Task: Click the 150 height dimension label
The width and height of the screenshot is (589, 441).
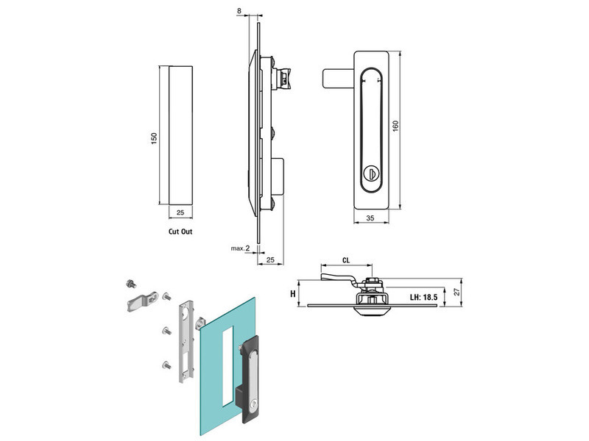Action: click(x=154, y=138)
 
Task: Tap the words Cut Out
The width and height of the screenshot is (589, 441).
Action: click(x=180, y=232)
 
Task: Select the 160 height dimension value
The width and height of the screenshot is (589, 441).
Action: click(x=395, y=126)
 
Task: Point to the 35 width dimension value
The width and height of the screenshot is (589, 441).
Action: click(x=370, y=218)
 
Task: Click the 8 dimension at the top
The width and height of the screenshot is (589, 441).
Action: click(x=239, y=11)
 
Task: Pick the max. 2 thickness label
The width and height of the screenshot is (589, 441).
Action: click(x=241, y=248)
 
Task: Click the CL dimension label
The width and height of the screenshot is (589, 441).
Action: click(x=346, y=260)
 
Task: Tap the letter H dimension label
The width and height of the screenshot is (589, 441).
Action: click(x=293, y=294)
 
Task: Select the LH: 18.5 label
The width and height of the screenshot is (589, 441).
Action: click(x=424, y=298)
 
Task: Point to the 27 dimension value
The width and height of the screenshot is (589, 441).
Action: click(x=457, y=292)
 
